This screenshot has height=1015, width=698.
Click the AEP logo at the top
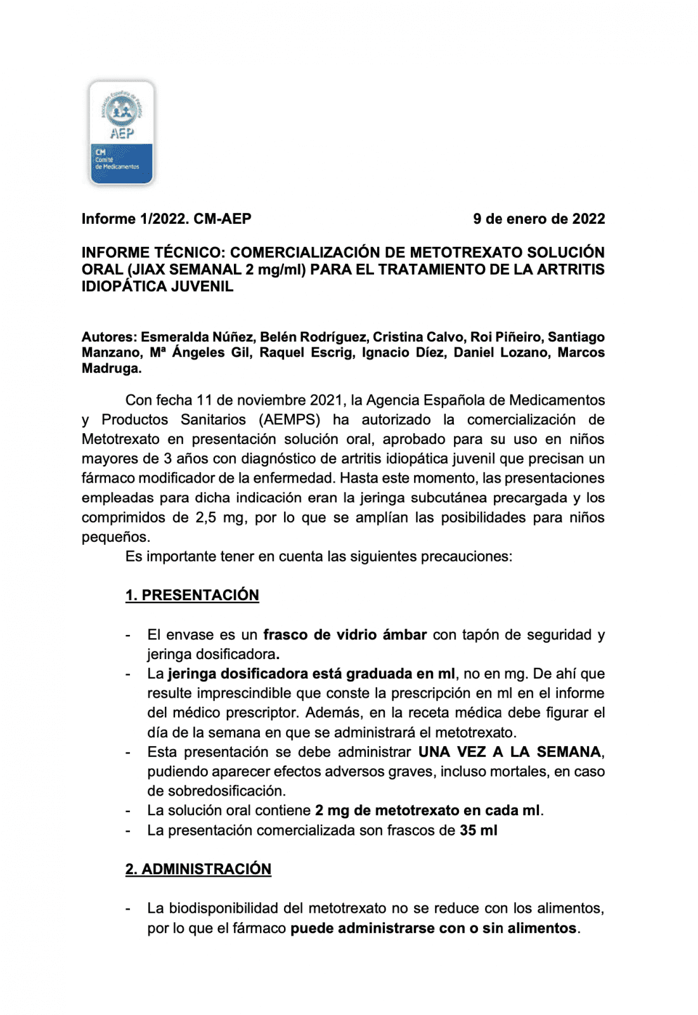(122, 133)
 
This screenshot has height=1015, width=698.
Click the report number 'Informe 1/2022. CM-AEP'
(166, 219)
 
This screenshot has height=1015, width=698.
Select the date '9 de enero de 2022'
(538, 219)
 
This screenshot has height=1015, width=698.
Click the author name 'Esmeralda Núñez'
(198, 337)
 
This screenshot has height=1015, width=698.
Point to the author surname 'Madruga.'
(112, 369)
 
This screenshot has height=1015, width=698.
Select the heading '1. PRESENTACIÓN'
(192, 595)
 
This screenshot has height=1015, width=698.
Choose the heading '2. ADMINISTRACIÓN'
(198, 869)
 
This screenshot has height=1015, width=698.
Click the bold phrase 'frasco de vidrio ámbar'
(345, 635)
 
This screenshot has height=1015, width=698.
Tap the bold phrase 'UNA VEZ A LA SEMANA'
(510, 752)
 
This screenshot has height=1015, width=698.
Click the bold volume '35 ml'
(478, 830)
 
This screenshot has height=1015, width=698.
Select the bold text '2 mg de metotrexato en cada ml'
(427, 811)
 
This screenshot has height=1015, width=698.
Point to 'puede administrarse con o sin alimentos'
(434, 929)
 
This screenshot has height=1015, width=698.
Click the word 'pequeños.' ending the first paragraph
(116, 537)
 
